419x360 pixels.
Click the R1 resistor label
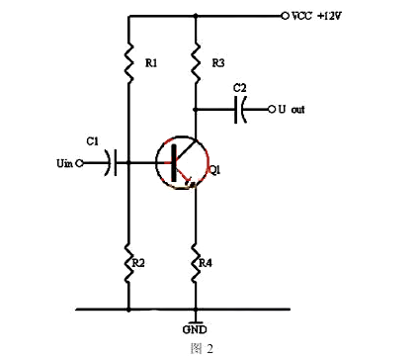tap(150, 63)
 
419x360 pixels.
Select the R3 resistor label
tap(219, 63)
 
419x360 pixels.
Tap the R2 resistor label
tap(139, 263)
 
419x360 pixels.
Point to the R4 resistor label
tap(205, 263)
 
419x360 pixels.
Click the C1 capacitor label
tap(92, 142)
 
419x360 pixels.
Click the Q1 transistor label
tap(214, 171)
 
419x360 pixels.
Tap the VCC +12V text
tap(315, 17)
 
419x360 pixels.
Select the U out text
tap(290, 109)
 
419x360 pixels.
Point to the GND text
tap(196, 329)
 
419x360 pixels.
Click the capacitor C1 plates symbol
tap(115, 162)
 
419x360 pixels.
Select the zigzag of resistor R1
tap(129, 61)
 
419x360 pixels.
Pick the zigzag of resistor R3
tap(196, 61)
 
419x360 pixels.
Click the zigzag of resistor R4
tap(196, 265)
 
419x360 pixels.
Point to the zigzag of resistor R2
tap(129, 265)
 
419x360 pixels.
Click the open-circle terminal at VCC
tap(285, 16)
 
